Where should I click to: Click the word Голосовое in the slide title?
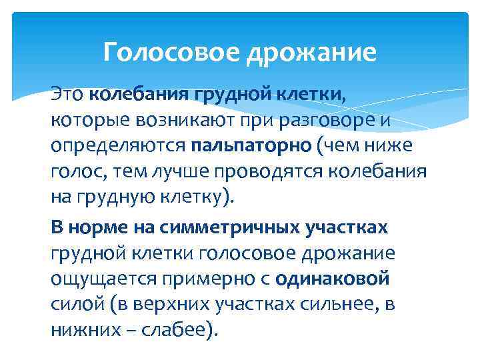point(171,51)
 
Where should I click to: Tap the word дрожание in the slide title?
point(311,52)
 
